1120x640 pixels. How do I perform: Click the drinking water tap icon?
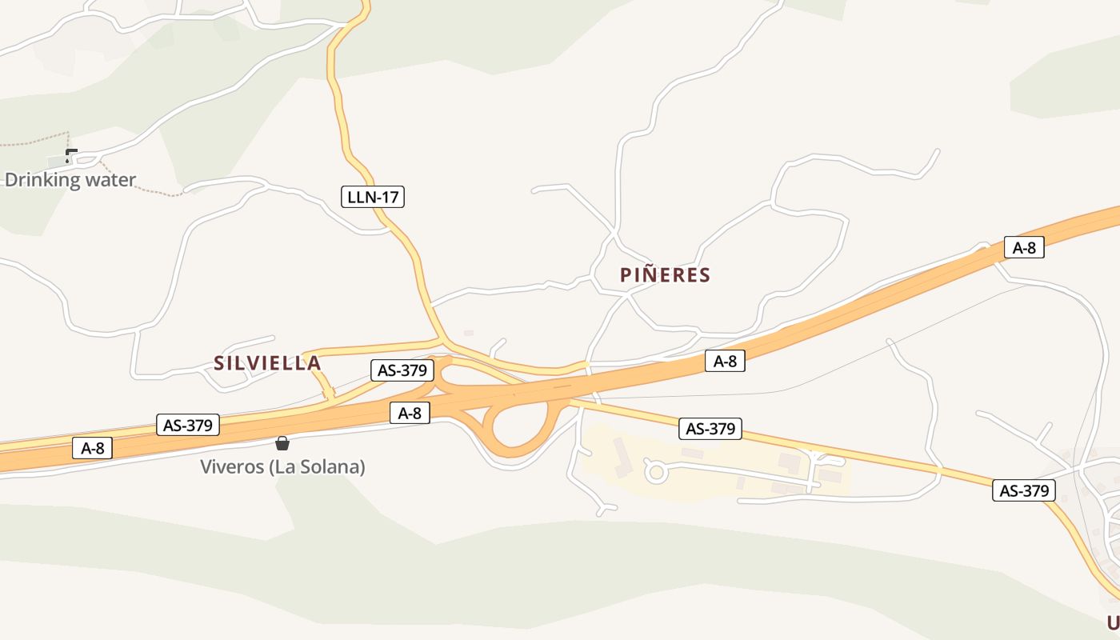point(71,155)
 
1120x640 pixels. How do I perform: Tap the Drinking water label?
point(70,180)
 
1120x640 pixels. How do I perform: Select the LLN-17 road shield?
point(373,196)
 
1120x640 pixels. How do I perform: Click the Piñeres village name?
point(665,275)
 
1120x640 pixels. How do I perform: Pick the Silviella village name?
point(267,363)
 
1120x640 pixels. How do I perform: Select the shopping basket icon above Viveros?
point(282,443)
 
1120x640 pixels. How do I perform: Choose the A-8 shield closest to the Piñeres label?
point(725,361)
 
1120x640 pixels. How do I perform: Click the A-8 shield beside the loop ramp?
point(410,413)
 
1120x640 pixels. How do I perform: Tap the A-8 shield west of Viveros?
point(93,448)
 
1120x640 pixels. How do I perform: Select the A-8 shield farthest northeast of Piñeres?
point(1024,247)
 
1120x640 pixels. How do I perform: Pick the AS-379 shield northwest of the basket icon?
point(188,425)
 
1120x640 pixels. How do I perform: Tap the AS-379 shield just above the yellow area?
point(710,429)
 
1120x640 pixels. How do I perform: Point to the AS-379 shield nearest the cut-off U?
point(1024,490)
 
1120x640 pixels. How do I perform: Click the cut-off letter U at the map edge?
point(1113,622)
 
